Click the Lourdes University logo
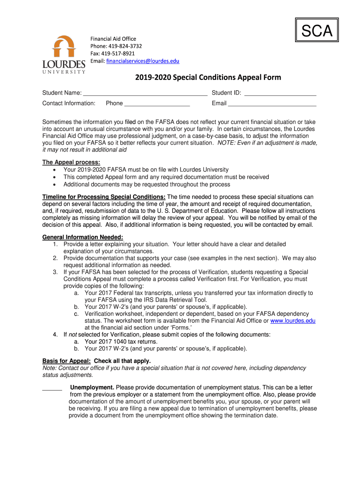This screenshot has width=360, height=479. (x=64, y=54)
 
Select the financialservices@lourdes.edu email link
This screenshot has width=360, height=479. (x=143, y=61)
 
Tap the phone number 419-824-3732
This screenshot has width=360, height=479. (x=125, y=46)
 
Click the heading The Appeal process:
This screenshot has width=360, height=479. (x=71, y=162)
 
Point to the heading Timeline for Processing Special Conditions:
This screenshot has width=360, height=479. (x=104, y=197)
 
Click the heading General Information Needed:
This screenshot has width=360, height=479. (x=83, y=237)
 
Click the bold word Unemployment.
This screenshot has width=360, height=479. (x=92, y=388)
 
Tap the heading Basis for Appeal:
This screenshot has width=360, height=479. (x=66, y=361)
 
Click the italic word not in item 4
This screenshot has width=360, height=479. (x=72, y=335)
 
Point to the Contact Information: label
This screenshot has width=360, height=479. (x=69, y=103)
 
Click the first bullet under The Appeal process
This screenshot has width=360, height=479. (x=56, y=170)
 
